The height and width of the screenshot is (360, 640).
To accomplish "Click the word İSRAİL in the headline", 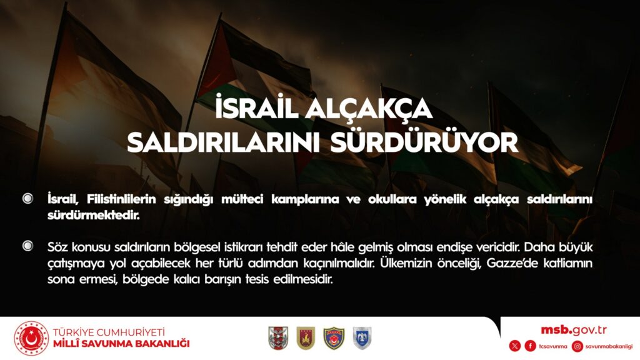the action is point(257,107).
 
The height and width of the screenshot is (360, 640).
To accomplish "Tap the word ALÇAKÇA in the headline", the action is point(369,109).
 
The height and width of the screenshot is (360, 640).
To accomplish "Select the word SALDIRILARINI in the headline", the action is point(223,142).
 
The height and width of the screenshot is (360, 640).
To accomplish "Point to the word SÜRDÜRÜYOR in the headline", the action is point(424,141).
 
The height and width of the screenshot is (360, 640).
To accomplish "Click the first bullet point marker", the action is point(27,198).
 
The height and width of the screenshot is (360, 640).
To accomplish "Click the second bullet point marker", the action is point(27,246).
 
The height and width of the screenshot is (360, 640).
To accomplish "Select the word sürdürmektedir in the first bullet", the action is point(94,215).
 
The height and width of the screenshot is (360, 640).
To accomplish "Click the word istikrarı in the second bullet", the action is point(244,247).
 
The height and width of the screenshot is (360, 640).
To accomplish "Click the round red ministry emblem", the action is point(31,338).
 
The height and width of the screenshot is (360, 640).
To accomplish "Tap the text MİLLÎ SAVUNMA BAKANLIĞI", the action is point(121,344).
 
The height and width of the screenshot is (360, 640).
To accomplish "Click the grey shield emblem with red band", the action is point(278,338).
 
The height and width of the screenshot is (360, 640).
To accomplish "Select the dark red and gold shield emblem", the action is point(306,338).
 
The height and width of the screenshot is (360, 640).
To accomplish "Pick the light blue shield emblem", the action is point(362,338).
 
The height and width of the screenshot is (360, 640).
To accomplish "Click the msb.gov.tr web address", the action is point(574,330).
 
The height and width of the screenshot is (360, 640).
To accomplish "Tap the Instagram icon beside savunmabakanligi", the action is point(577,346).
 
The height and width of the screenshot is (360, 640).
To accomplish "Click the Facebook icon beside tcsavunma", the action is point(530,346).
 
